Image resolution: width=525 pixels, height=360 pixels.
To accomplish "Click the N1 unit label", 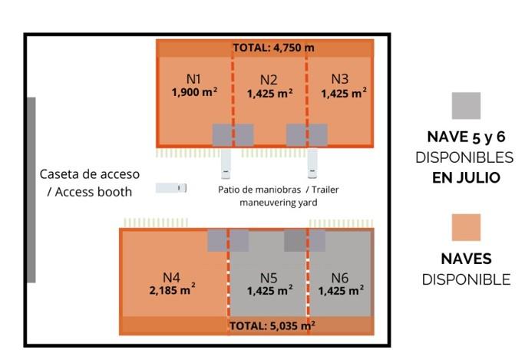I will pyautogui.click(x=193, y=78).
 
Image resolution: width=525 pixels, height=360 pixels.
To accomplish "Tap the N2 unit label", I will pyautogui.click(x=269, y=79).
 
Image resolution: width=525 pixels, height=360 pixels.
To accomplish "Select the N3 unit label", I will pyautogui.click(x=340, y=78).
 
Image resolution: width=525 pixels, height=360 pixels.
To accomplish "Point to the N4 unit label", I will pyautogui.click(x=172, y=277).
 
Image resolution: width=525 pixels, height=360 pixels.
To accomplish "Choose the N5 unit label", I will pyautogui.click(x=269, y=277).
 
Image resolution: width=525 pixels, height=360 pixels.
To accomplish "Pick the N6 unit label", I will pyautogui.click(x=340, y=277).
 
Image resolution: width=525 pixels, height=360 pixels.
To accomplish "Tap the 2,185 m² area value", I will pyautogui.click(x=172, y=291).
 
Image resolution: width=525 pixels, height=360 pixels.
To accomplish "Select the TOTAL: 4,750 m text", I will pyautogui.click(x=273, y=48).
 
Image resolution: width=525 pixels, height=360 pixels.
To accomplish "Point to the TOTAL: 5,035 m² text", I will pyautogui.click(x=272, y=326).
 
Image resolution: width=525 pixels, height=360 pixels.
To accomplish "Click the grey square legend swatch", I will pyautogui.click(x=466, y=106).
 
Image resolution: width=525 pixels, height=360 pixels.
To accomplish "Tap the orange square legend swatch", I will pyautogui.click(x=466, y=228).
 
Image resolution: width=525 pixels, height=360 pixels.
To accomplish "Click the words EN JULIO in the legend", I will pyautogui.click(x=466, y=178).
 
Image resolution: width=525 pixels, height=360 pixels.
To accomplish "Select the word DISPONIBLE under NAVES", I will pyautogui.click(x=466, y=279).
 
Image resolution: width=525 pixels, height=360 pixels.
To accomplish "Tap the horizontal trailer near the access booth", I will pyautogui.click(x=171, y=188).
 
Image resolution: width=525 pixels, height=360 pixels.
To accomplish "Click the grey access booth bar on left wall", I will pyautogui.click(x=31, y=190).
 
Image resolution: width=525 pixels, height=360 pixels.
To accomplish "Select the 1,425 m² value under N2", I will pyautogui.click(x=269, y=94).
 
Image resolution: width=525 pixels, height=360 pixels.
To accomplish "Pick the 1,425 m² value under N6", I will pyautogui.click(x=342, y=291).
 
